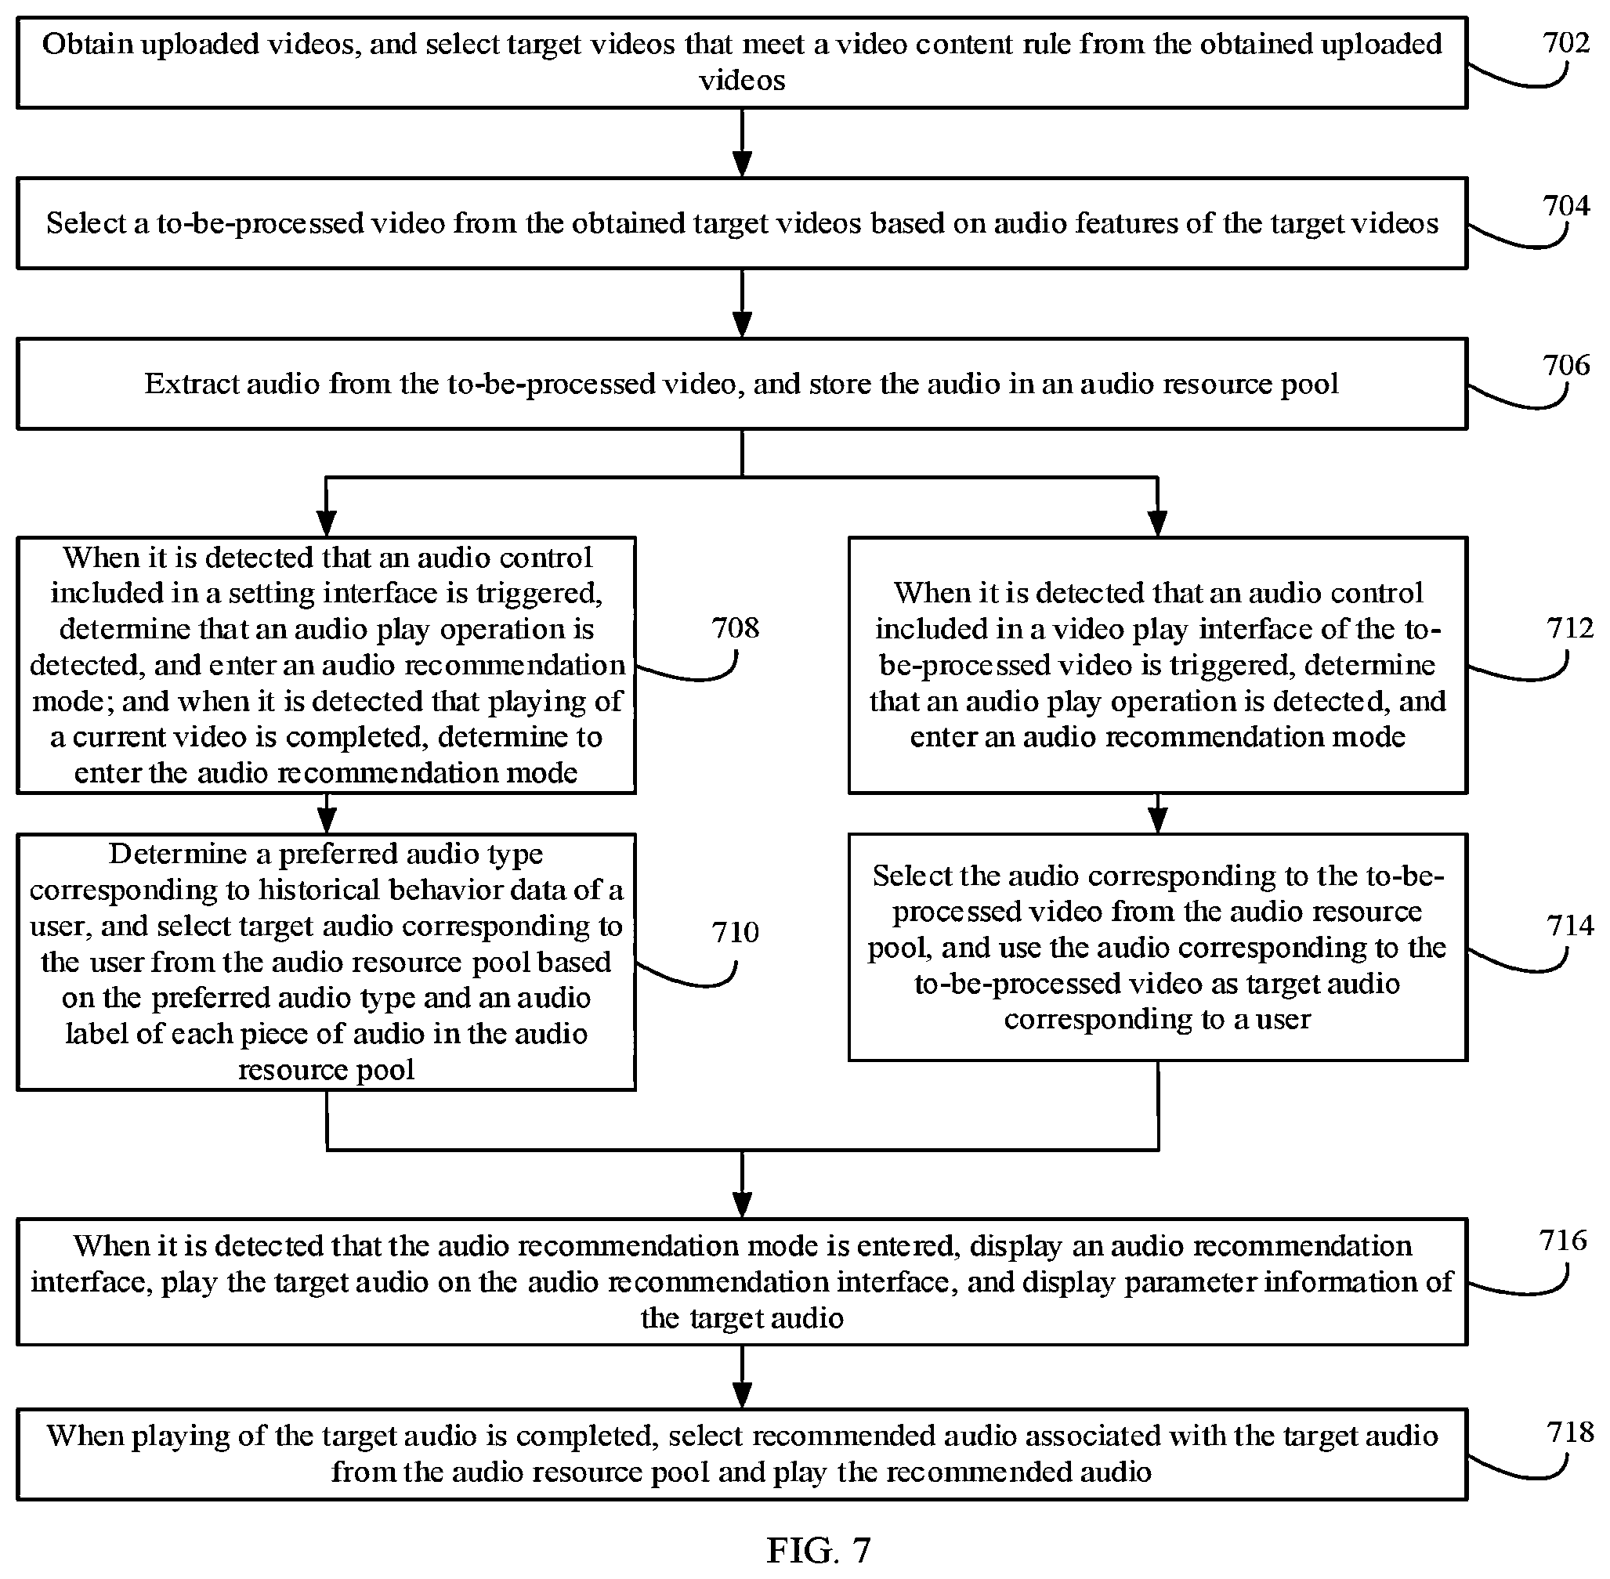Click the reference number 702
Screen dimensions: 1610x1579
[1566, 42]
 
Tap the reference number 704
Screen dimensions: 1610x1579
[1566, 205]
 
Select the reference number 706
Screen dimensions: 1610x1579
[1566, 365]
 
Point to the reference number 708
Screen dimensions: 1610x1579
[735, 628]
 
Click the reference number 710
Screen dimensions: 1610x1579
[735, 932]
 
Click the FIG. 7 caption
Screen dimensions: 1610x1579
[819, 1549]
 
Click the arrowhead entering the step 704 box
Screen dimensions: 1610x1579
[743, 164]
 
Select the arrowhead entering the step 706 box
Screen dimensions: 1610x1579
[743, 325]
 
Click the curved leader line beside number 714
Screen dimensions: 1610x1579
[1525, 967]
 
